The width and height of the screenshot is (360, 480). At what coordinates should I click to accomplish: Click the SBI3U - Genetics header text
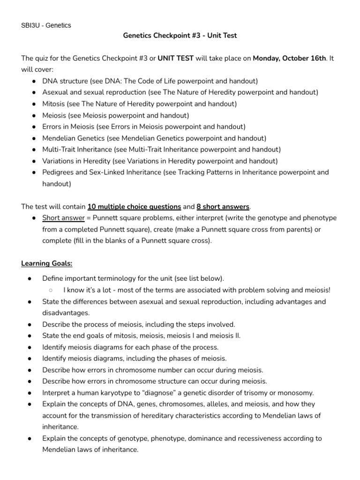46,25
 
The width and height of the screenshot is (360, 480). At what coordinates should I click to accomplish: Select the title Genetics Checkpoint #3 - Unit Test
180,35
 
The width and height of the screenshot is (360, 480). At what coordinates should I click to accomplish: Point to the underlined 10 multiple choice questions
134,206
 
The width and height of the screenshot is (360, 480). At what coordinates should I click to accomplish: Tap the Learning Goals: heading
46,263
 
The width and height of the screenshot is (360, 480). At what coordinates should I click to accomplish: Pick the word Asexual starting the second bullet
55,92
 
